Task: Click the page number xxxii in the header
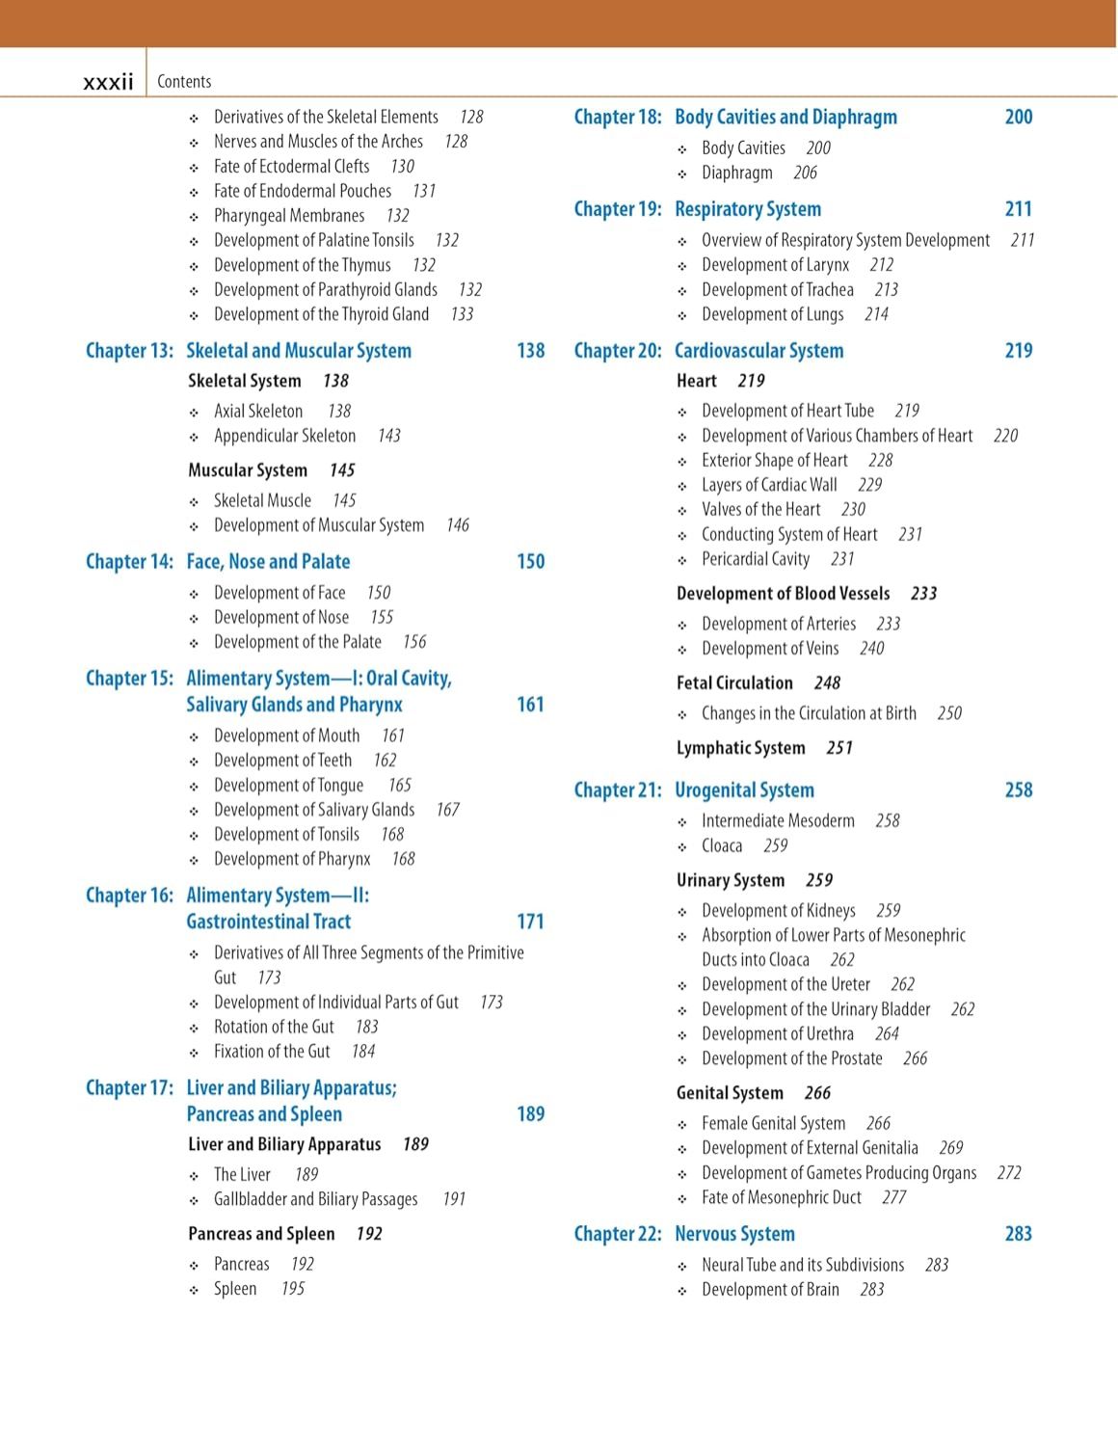[x=108, y=82]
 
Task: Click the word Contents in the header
[x=184, y=82]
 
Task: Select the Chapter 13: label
[x=129, y=351]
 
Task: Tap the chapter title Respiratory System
[x=748, y=209]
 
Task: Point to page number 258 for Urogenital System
[x=1018, y=790]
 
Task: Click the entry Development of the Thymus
[x=303, y=265]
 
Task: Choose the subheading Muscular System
[x=248, y=470]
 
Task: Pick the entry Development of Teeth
[x=282, y=761]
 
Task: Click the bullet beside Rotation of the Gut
[x=194, y=1029]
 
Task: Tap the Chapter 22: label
[x=618, y=1234]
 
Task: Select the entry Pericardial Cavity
[x=756, y=559]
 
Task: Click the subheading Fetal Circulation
[x=734, y=683]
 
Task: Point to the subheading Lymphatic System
[x=740, y=748]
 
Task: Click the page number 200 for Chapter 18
[x=1018, y=118]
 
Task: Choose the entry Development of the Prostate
[x=792, y=1058]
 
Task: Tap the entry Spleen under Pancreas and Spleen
[x=235, y=1289]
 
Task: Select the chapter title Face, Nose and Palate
[x=268, y=562]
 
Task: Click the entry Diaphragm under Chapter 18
[x=737, y=173]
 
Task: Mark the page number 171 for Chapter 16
[x=530, y=922]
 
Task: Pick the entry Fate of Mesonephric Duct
[x=782, y=1197]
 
